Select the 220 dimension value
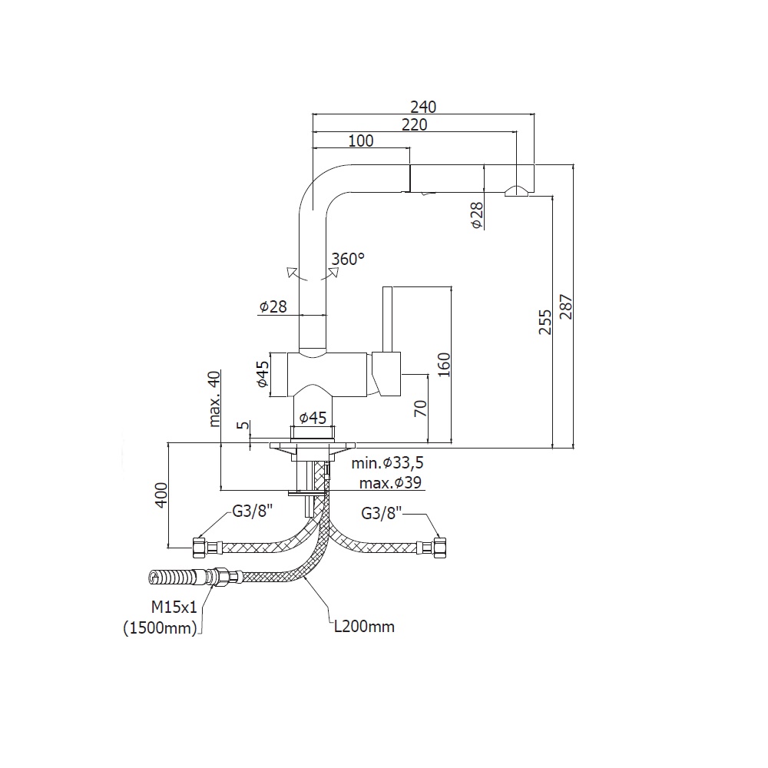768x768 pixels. [414, 124]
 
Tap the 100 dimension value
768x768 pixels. [360, 141]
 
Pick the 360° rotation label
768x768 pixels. [348, 260]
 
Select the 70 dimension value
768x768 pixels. [420, 409]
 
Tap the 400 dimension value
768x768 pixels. [161, 496]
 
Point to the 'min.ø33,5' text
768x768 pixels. [388, 463]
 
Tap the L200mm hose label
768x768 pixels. [364, 627]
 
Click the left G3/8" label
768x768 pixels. [253, 513]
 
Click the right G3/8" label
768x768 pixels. [382, 513]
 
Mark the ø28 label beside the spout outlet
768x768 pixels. [476, 215]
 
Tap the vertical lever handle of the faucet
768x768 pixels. [388, 319]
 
